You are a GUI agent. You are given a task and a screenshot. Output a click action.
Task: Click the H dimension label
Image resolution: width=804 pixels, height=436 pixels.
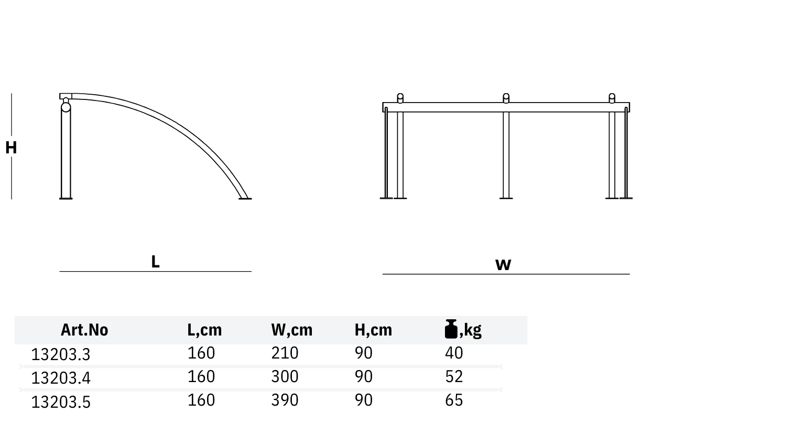point(11,148)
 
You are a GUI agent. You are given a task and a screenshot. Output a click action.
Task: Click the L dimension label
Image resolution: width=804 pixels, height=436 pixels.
point(156,262)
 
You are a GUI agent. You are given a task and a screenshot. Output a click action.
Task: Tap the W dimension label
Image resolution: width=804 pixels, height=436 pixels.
point(503,265)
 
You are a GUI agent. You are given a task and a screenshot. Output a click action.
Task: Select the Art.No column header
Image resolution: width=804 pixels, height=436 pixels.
point(84,330)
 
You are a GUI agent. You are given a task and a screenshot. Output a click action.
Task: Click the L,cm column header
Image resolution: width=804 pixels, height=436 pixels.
point(204,330)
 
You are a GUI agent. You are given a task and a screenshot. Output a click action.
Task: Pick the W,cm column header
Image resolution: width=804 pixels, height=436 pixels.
point(292,330)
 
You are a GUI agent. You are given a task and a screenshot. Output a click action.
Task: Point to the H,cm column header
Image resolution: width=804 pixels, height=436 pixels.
point(373,330)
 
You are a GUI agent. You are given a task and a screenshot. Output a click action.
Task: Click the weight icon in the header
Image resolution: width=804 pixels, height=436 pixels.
point(451,329)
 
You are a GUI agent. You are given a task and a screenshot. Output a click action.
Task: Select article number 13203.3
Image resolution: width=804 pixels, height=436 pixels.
point(61,354)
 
